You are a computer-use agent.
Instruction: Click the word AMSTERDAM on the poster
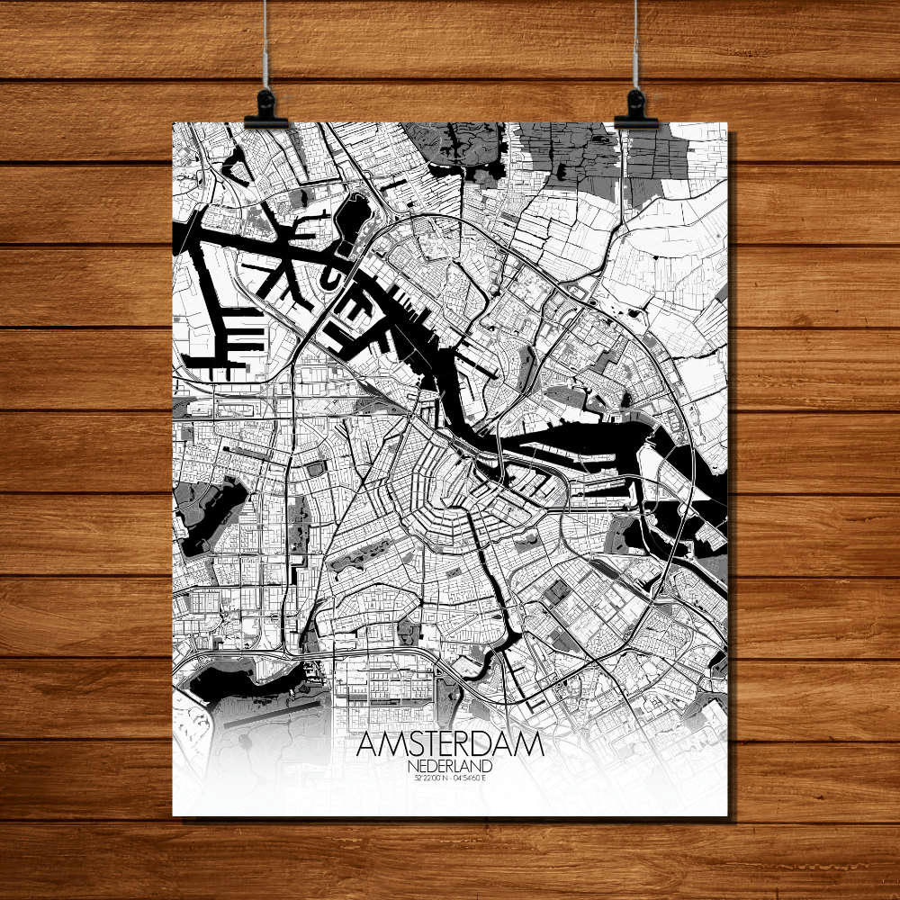(450, 745)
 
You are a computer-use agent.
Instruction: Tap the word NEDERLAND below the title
(450, 766)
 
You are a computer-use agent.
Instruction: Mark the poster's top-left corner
(173, 123)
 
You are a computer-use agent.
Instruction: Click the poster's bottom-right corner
(727, 815)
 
